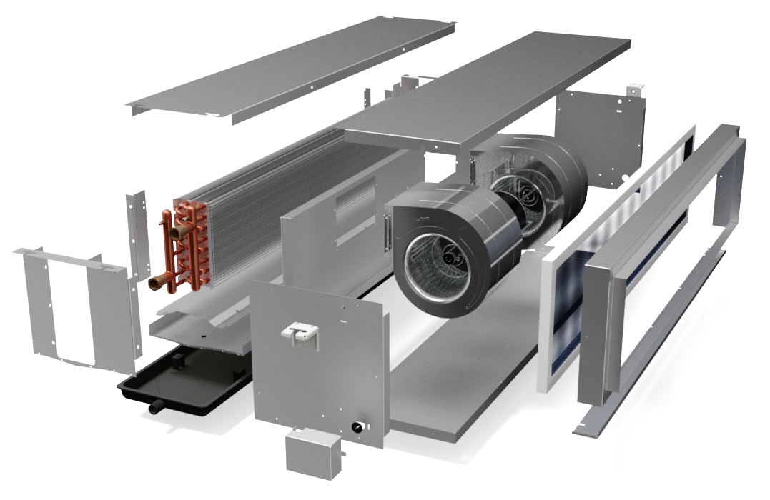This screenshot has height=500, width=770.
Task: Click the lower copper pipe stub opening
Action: [154, 284]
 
